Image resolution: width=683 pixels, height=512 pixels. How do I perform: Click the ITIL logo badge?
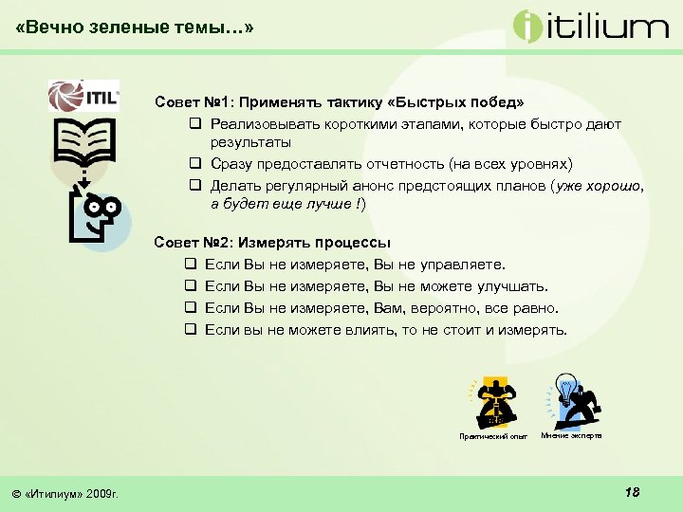(x=85, y=96)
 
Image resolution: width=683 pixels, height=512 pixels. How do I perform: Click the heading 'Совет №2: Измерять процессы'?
(x=272, y=243)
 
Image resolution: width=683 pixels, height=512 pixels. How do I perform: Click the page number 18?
(x=633, y=491)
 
